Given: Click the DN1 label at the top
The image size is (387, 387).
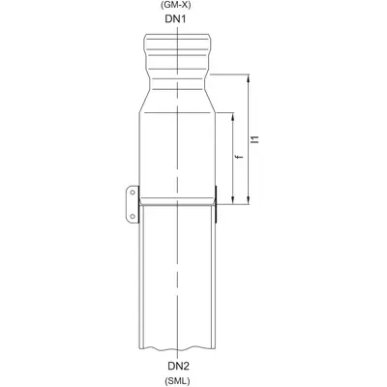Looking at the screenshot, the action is pos(176,19).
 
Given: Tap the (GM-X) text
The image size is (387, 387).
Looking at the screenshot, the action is pos(176,5).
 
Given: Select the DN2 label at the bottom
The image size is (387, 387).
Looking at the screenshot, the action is pos(178,366).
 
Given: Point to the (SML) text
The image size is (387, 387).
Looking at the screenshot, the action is pos(177,381).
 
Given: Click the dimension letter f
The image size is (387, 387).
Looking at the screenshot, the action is pos(239,157).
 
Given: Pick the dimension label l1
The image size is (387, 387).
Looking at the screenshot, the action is pos(256,139).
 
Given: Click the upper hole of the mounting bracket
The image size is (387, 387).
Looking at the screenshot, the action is pos(133,193).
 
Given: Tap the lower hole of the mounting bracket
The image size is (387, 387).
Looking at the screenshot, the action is pos(133,216).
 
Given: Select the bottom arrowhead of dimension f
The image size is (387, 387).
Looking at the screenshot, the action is pos(233,200).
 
